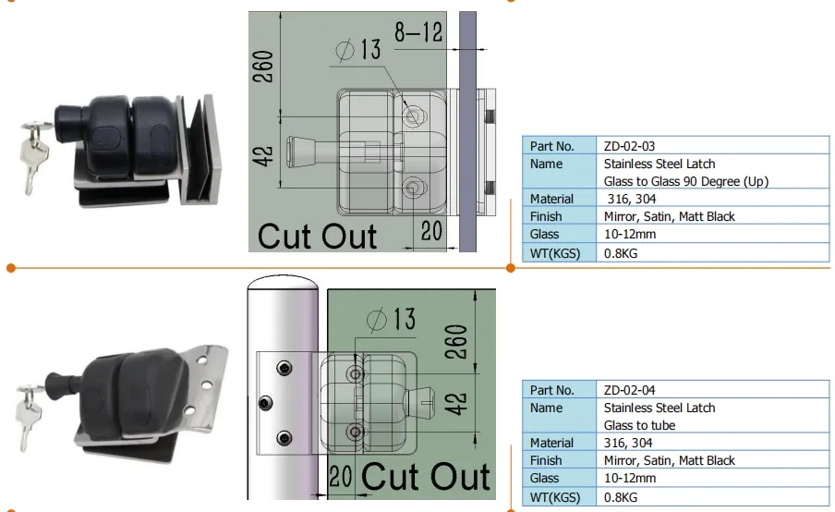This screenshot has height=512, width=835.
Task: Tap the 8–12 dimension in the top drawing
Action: [418, 32]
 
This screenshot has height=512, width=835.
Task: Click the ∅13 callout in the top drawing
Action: [356, 50]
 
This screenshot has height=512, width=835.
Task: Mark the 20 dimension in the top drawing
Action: [431, 230]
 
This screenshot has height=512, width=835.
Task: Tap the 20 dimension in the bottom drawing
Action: [342, 477]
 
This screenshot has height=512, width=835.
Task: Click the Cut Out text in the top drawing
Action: [317, 236]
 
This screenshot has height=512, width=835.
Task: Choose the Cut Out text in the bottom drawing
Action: [425, 477]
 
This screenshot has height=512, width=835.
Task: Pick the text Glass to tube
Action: [639, 425]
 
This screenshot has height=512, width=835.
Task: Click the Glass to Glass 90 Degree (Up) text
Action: [685, 181]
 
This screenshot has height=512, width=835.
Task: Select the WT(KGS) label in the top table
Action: [554, 252]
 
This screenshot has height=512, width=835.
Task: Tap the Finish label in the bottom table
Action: [546, 460]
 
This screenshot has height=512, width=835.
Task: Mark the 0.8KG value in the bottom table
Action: [623, 495]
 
